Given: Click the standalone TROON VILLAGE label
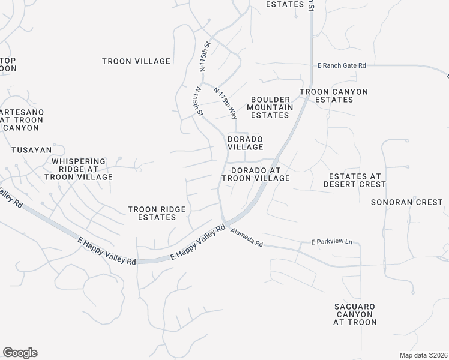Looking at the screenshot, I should (136, 61).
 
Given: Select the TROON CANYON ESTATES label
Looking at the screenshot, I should (334, 95).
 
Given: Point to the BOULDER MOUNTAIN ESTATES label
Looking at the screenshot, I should (271, 107).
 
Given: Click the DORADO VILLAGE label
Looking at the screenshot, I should (245, 143).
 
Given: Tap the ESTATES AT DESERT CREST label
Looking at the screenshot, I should (357, 180).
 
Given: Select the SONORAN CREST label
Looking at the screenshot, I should (406, 202).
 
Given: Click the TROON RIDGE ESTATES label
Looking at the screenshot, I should (157, 213).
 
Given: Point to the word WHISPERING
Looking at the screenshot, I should (79, 161).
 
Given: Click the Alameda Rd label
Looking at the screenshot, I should (247, 238).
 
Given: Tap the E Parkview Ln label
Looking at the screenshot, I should (331, 242).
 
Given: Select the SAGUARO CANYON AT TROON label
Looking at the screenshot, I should (355, 314).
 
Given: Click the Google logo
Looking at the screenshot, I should (20, 353).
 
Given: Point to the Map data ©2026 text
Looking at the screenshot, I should (423, 355).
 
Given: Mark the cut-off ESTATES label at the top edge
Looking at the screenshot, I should (285, 4).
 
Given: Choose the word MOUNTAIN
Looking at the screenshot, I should (271, 107).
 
